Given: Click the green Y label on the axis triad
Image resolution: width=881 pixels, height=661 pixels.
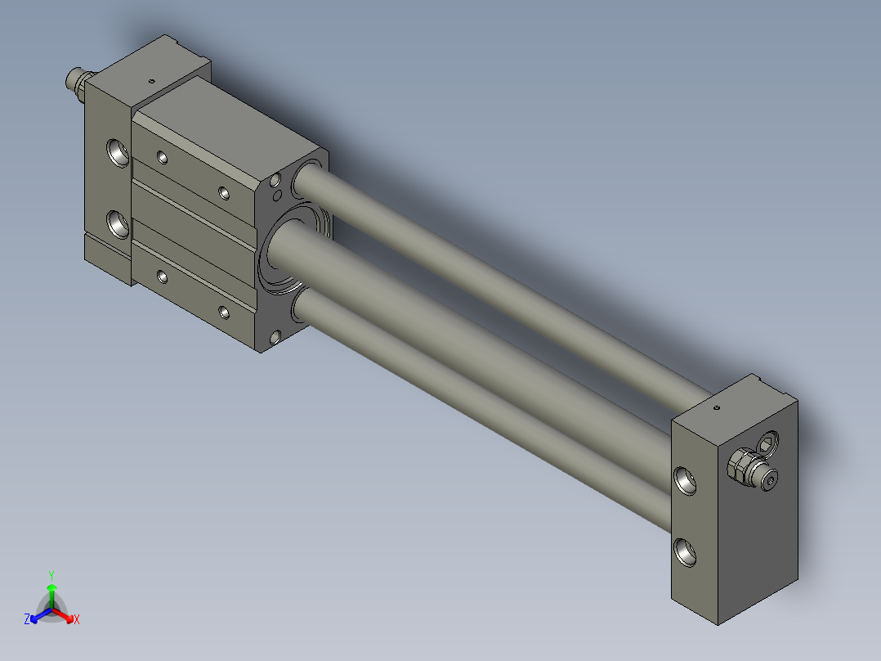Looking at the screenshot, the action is point(51,575).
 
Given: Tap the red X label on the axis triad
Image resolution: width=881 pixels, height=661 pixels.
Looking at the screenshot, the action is point(77,619).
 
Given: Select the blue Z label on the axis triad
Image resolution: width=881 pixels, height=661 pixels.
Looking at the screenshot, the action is point(27,619).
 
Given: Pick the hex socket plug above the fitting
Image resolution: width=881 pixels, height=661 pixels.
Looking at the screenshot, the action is point(768,443).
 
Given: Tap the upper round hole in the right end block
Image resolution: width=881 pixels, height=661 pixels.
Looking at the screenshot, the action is point(685,481).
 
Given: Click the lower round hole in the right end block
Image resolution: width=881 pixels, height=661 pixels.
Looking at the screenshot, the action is point(685,552).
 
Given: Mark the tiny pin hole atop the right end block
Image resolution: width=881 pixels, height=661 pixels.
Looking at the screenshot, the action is point(717,407).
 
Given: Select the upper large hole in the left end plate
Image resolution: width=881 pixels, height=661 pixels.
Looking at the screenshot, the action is point(118,153).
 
